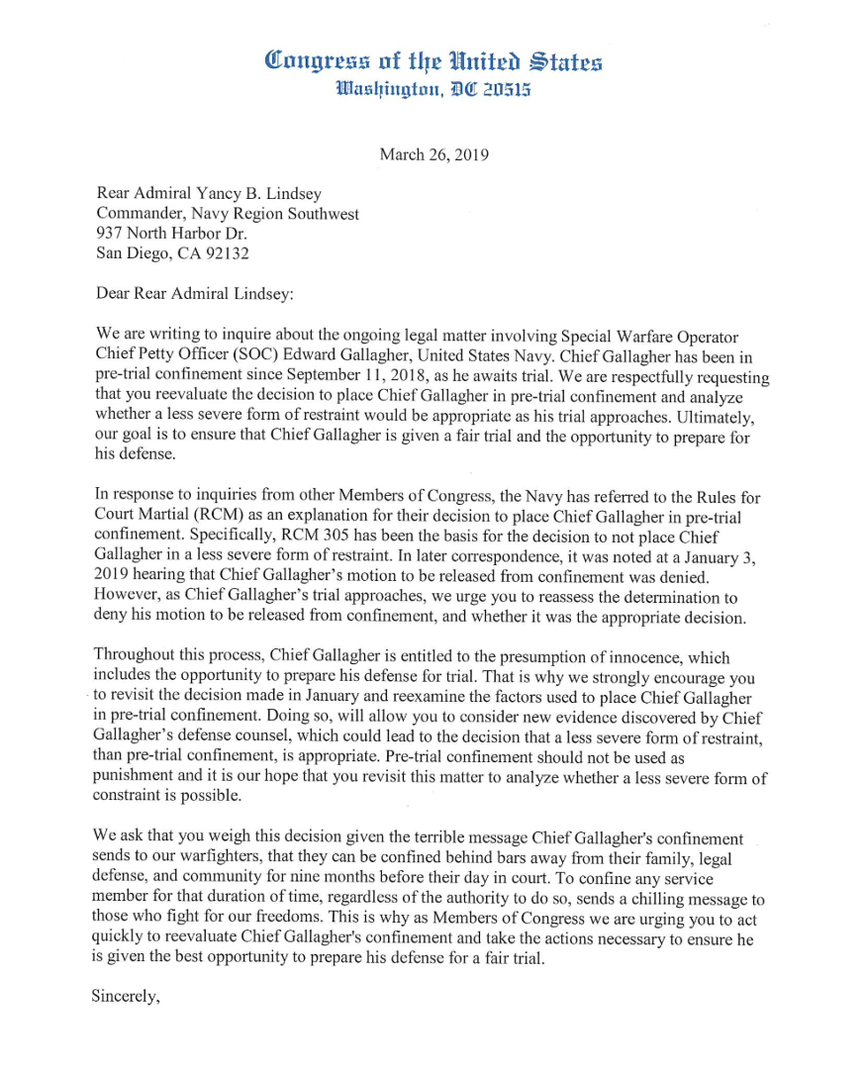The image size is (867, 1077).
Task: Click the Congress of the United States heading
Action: tap(433, 61)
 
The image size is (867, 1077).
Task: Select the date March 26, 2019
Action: tap(433, 154)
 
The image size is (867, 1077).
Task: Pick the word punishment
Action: tap(134, 777)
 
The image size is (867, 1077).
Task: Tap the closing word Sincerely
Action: tap(125, 997)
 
